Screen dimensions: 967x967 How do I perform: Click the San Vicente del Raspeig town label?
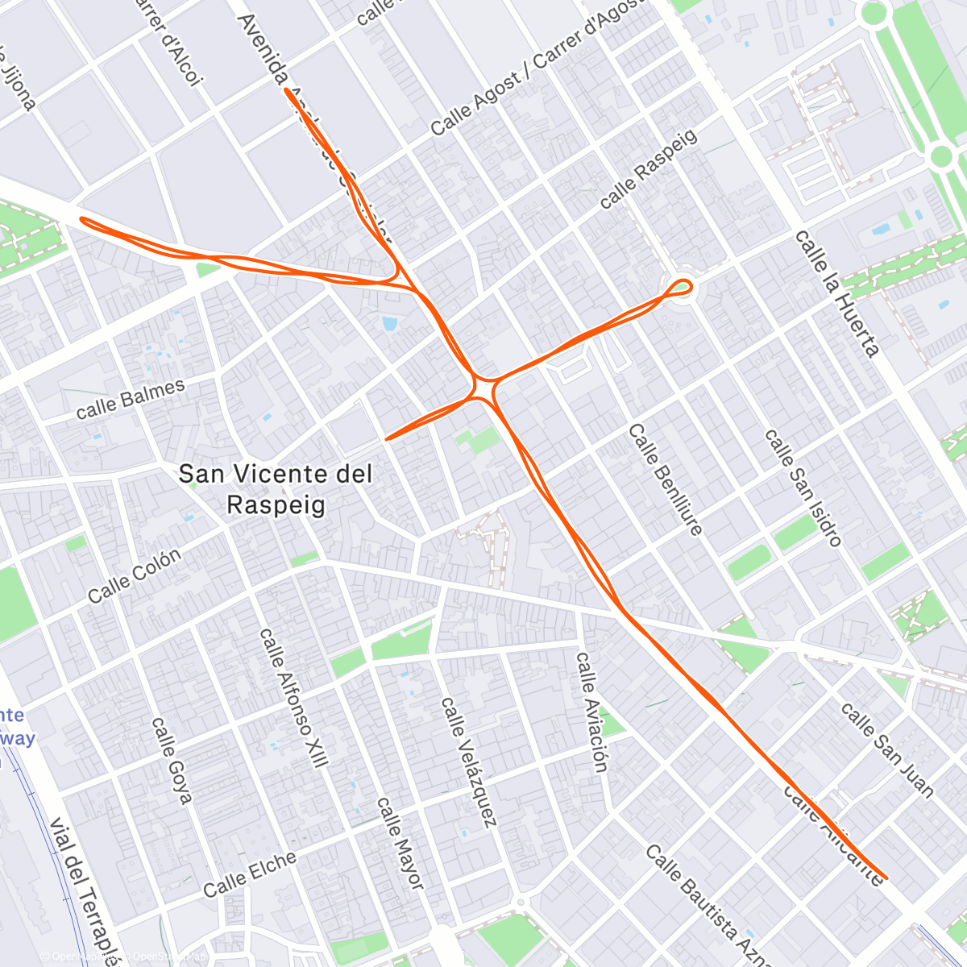pos(275,489)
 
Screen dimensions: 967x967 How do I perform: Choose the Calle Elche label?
pos(250,874)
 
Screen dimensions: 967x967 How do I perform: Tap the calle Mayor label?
pos(400,843)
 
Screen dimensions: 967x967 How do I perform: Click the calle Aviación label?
pos(591,712)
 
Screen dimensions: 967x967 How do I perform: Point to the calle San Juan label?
pos(886,749)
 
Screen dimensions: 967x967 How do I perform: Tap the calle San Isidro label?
pos(803,488)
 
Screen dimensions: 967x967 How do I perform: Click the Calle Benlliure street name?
pos(665,479)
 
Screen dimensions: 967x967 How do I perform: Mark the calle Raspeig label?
pos(648,169)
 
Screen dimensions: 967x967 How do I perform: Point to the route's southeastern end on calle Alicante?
pos(886,877)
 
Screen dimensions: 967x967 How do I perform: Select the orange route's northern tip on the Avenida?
pos(287,90)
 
